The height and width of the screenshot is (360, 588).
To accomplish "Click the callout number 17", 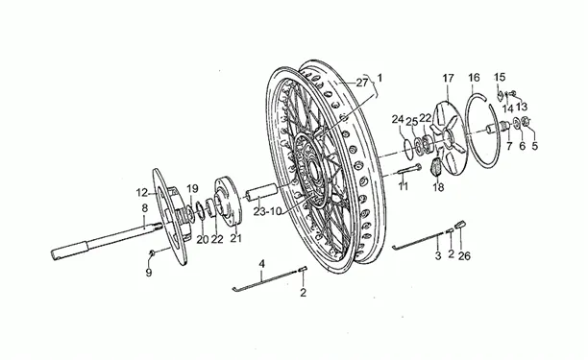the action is click(448, 79).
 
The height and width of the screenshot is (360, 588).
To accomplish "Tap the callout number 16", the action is click(474, 78).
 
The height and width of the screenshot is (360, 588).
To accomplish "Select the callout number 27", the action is click(362, 83).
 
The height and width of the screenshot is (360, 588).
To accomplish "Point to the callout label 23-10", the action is click(267, 211).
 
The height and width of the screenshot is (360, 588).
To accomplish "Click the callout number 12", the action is click(142, 193).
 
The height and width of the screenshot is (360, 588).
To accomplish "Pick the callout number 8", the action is click(145, 208).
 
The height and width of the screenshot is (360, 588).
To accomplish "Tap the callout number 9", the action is click(149, 273).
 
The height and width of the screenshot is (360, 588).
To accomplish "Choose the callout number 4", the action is click(261, 263).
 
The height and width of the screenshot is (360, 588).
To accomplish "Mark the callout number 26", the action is click(464, 256).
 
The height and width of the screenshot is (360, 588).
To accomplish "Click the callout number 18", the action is click(438, 187).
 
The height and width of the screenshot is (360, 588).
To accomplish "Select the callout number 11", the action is click(404, 186).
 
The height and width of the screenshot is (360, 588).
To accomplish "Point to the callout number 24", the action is click(398, 119).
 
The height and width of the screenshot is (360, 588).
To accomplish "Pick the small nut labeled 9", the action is click(152, 253).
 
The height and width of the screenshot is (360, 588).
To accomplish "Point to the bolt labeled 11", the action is click(408, 169).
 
